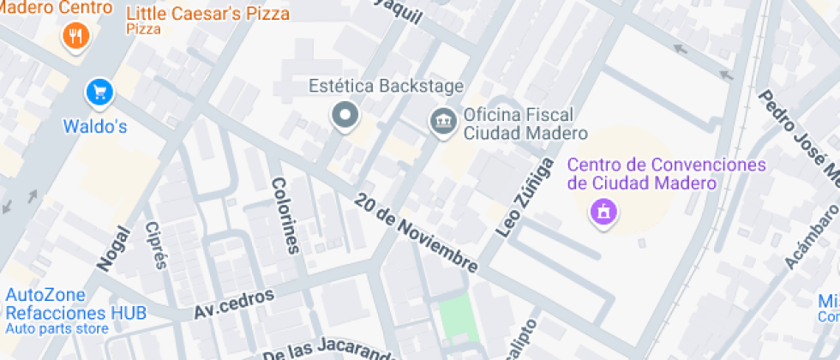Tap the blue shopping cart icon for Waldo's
click(x=100, y=91)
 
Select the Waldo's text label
click(x=95, y=127)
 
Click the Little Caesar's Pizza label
click(x=207, y=15)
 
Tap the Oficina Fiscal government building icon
click(x=443, y=121)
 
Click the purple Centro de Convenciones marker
click(x=603, y=210)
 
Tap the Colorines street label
click(x=286, y=216)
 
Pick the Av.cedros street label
click(x=234, y=303)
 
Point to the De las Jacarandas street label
click(x=330, y=350)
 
